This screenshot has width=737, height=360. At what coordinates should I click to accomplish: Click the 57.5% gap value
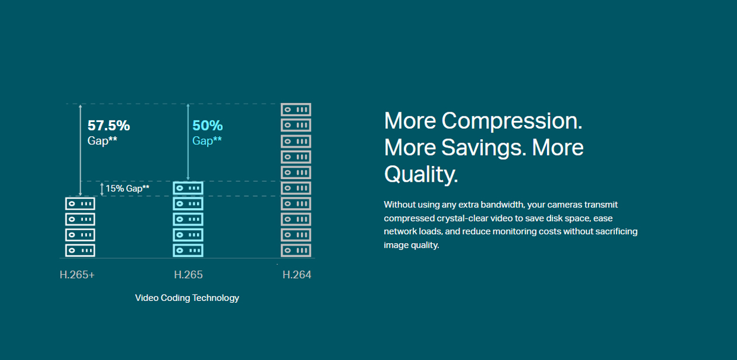pyautogui.click(x=109, y=126)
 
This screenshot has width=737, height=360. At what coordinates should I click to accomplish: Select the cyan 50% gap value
pyautogui.click(x=207, y=126)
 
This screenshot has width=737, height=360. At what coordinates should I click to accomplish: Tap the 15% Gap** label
pyautogui.click(x=127, y=189)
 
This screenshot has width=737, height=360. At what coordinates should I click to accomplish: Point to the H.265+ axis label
pyautogui.click(x=77, y=275)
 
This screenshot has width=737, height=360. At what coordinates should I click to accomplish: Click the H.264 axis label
pyautogui.click(x=297, y=275)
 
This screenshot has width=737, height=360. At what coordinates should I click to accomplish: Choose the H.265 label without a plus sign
pyautogui.click(x=188, y=275)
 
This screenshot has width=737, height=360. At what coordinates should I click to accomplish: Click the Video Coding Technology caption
pyautogui.click(x=187, y=298)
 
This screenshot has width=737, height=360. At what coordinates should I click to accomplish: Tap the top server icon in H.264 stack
pyautogui.click(x=296, y=110)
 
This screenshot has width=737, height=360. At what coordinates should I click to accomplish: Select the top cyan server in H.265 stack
pyautogui.click(x=188, y=188)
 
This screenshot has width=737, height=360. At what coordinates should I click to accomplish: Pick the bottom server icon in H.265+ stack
pyautogui.click(x=80, y=250)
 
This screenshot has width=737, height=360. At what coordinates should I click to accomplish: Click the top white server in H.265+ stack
pyautogui.click(x=80, y=204)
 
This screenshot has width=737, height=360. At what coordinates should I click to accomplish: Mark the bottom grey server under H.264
pyautogui.click(x=296, y=250)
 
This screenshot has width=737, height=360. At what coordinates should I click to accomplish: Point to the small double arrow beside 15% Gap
pyautogui.click(x=102, y=189)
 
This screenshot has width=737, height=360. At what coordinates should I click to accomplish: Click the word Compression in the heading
pyautogui.click(x=511, y=121)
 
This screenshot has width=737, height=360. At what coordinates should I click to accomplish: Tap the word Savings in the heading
pyautogui.click(x=482, y=147)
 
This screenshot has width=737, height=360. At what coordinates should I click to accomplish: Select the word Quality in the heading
pyautogui.click(x=421, y=174)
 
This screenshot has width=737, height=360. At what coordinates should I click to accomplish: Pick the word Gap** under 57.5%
pyautogui.click(x=102, y=141)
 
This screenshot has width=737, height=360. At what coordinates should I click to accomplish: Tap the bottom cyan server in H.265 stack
pyautogui.click(x=188, y=250)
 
